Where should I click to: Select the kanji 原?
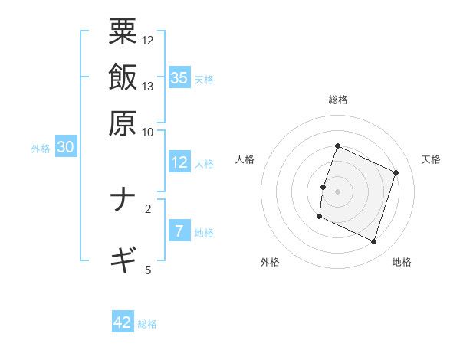(123, 122)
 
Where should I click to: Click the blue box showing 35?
(179, 77)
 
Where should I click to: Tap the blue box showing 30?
(65, 148)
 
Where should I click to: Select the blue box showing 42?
(123, 322)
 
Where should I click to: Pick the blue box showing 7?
(179, 231)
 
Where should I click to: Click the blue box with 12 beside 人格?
(179, 162)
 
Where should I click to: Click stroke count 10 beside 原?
(148, 132)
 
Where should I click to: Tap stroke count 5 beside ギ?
(148, 269)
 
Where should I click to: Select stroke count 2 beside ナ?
(148, 208)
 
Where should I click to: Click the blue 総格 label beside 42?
(148, 324)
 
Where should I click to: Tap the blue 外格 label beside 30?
(41, 149)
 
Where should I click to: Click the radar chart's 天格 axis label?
(431, 159)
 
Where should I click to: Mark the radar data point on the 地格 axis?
(373, 242)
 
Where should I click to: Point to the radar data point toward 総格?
(337, 146)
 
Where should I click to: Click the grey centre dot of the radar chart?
(337, 190)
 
